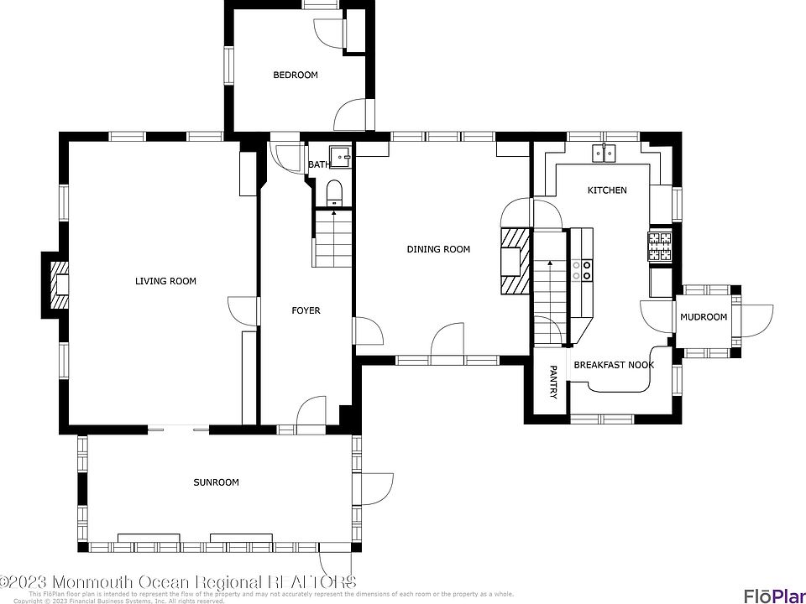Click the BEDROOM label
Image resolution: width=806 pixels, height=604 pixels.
tap(296, 75)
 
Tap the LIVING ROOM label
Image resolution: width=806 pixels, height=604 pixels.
tap(165, 281)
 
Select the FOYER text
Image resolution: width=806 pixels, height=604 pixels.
tap(306, 311)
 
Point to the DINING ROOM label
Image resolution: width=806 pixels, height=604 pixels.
tap(438, 249)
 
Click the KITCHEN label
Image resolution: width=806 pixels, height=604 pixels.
tap(606, 190)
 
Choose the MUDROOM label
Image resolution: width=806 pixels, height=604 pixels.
tap(703, 317)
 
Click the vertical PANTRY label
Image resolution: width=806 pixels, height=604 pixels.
tap(552, 382)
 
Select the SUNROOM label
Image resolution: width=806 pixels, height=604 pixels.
tap(216, 482)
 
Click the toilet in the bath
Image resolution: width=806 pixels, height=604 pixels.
tap(334, 192)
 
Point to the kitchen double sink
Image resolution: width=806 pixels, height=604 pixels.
tap(604, 153)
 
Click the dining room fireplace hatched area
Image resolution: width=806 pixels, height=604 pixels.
tap(513, 260)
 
